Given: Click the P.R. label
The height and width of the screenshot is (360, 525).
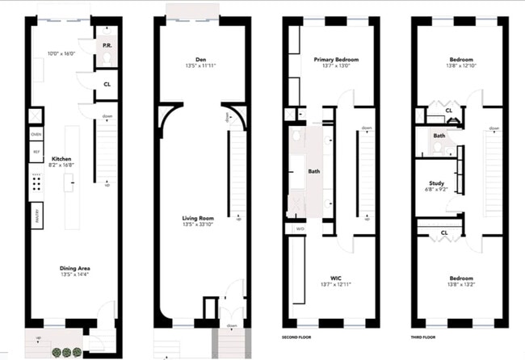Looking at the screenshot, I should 106,46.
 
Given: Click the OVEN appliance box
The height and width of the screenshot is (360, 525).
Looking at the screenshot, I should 36,133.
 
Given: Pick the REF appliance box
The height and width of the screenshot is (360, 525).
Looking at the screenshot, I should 36,151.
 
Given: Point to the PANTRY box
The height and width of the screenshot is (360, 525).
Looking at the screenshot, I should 36,215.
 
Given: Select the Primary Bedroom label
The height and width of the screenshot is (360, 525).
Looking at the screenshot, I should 335,60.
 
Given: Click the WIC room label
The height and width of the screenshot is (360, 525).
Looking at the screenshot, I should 335,277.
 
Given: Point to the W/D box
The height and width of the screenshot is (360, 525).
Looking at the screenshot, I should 300,228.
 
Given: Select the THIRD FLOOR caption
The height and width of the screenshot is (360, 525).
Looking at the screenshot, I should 425,337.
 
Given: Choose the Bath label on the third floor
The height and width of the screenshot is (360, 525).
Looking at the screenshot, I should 439,136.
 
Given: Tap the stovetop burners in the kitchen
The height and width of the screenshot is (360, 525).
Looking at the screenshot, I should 36,183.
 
